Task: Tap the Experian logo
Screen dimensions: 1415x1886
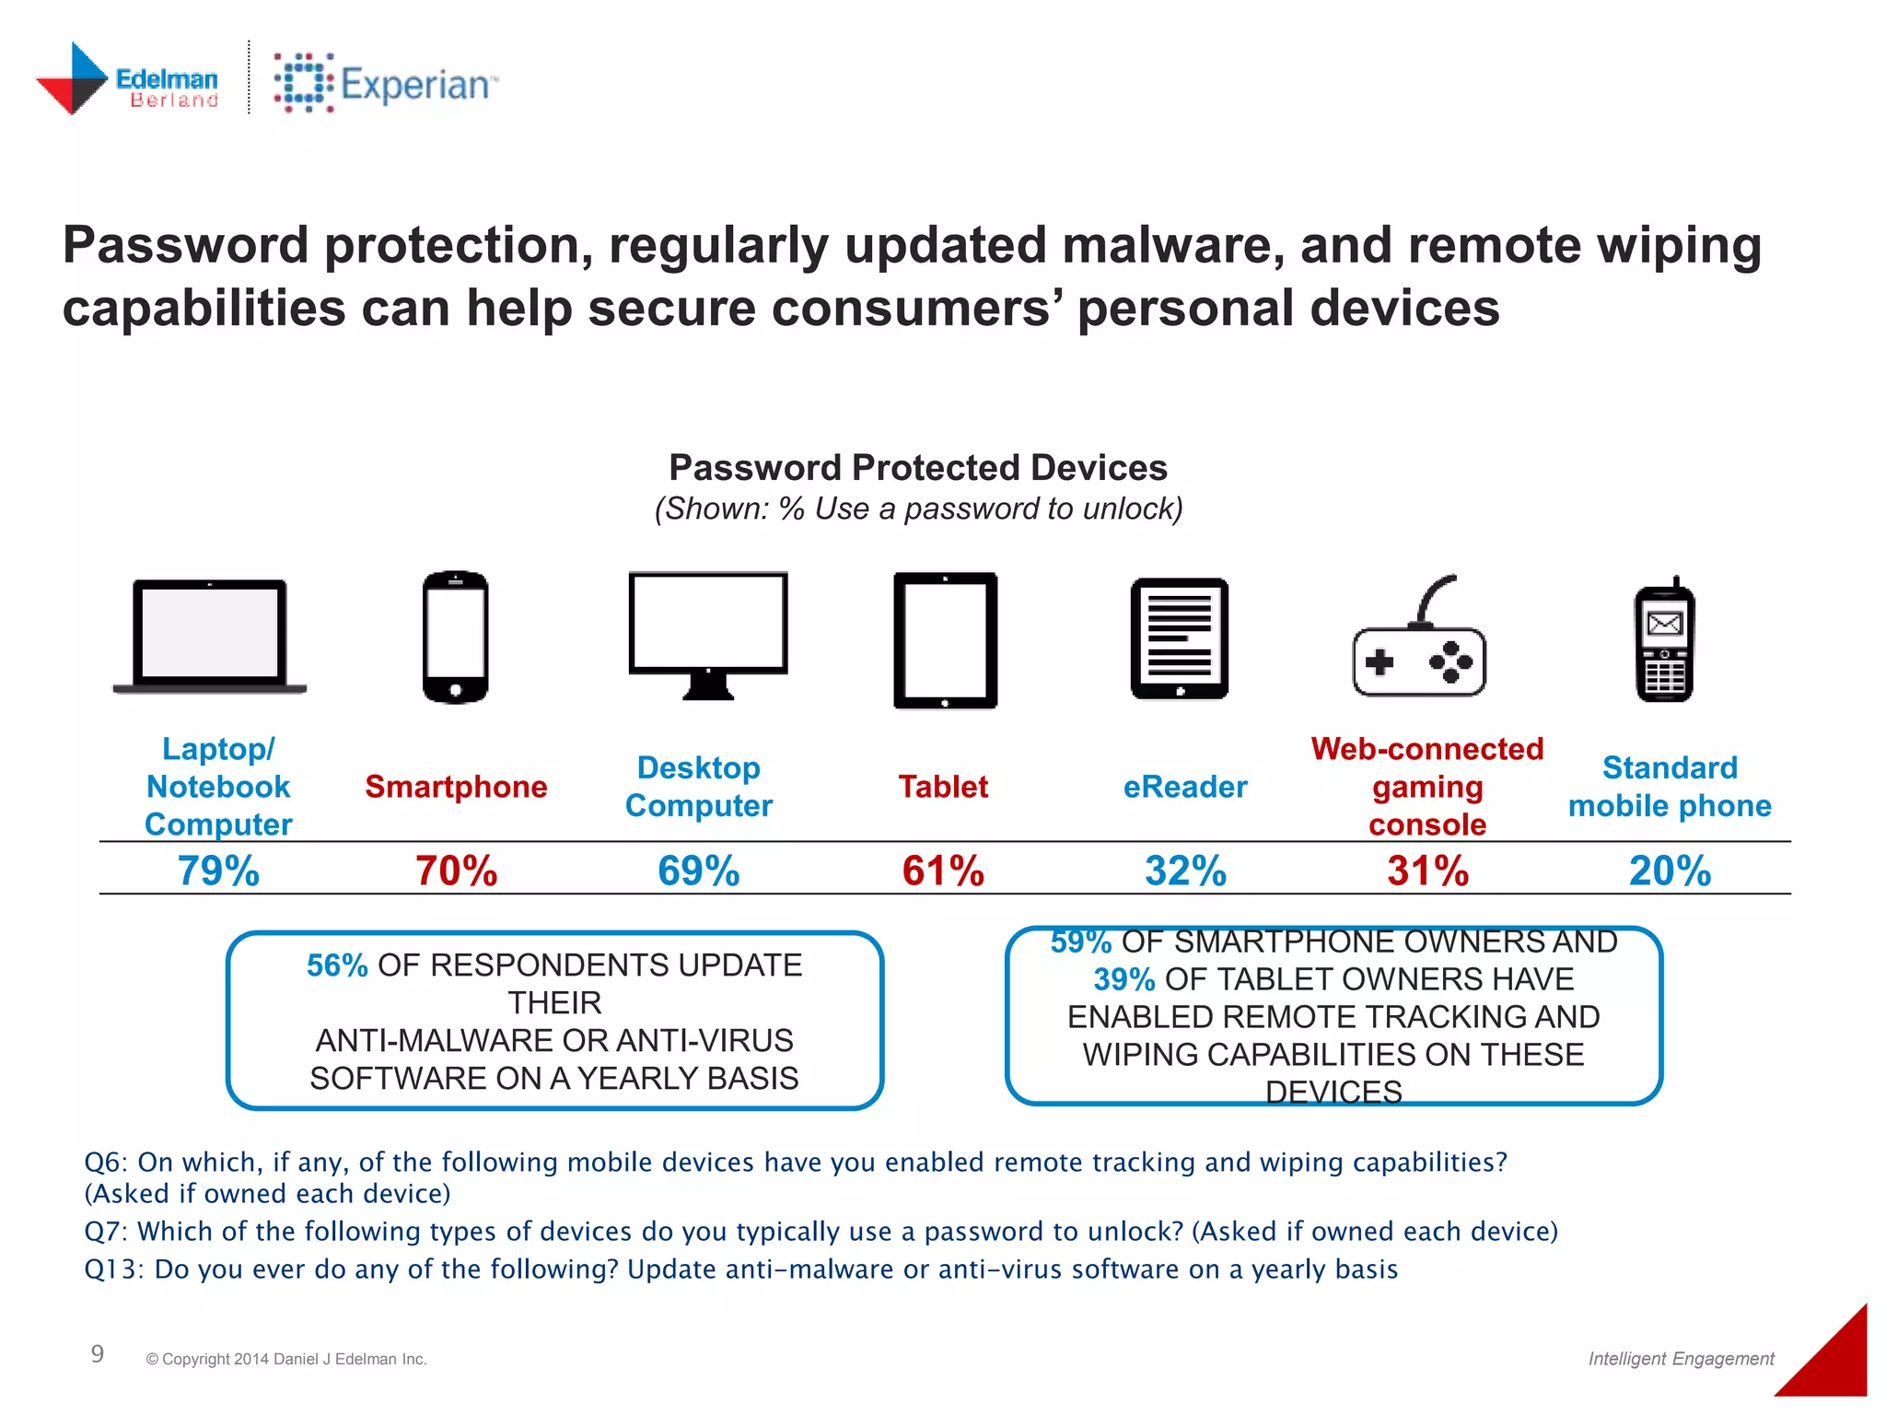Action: pyautogui.click(x=385, y=83)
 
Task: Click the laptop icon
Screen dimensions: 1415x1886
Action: pyautogui.click(x=209, y=636)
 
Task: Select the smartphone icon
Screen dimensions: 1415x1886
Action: pyautogui.click(x=455, y=637)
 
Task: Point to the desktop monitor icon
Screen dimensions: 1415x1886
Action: pyautogui.click(x=707, y=634)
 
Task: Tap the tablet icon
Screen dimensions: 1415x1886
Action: pyautogui.click(x=945, y=640)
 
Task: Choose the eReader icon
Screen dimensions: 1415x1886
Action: pyautogui.click(x=1179, y=638)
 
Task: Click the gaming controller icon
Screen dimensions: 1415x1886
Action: pyautogui.click(x=1419, y=645)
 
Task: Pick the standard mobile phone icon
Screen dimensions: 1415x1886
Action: pyautogui.click(x=1664, y=640)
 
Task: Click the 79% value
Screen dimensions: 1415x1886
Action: pyautogui.click(x=218, y=871)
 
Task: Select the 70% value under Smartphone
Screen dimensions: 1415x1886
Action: pyautogui.click(x=456, y=871)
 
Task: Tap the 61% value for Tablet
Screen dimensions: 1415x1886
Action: pyautogui.click(x=943, y=871)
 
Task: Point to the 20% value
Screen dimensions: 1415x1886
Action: pyautogui.click(x=1670, y=871)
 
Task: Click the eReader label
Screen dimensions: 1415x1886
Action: pyautogui.click(x=1185, y=787)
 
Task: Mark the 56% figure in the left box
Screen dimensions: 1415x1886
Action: pyautogui.click(x=337, y=965)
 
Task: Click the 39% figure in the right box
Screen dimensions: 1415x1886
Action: pyautogui.click(x=1123, y=979)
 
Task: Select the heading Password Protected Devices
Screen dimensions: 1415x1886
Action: pyautogui.click(x=918, y=468)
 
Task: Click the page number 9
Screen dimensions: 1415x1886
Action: pyautogui.click(x=98, y=1353)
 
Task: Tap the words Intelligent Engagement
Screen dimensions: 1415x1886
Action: pyautogui.click(x=1681, y=1359)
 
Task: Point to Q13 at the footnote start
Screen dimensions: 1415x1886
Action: pyautogui.click(x=113, y=1269)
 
